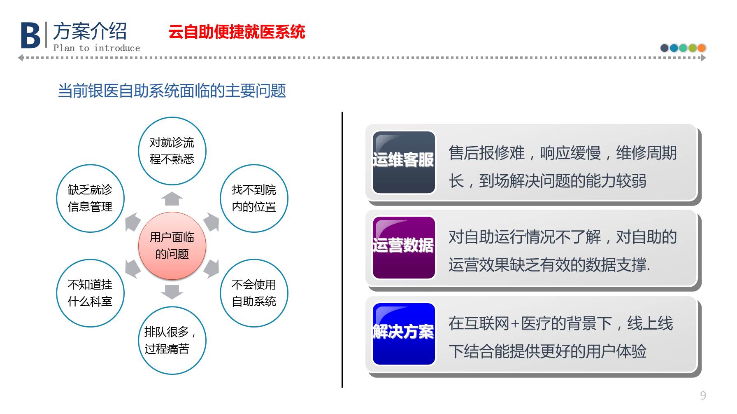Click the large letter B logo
[x=30, y=35]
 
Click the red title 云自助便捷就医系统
[x=237, y=32]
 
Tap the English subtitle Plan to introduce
[x=97, y=48]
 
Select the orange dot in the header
[x=702, y=48]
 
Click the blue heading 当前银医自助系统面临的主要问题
[x=172, y=91]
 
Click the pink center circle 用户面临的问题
[x=172, y=246]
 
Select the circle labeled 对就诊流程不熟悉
[x=172, y=151]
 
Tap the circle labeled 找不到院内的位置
[x=254, y=198]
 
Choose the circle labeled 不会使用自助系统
[x=254, y=293]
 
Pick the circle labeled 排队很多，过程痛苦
[x=172, y=340]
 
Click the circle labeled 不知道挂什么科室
[x=90, y=293]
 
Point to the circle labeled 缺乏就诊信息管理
[x=90, y=198]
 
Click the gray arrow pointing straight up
[x=172, y=199]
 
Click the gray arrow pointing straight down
[x=172, y=292]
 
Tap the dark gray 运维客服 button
[x=404, y=162]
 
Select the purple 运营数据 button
[x=404, y=248]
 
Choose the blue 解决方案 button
[x=404, y=334]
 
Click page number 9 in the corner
[x=703, y=395]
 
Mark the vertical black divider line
[x=342, y=249]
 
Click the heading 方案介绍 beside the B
[x=90, y=31]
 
